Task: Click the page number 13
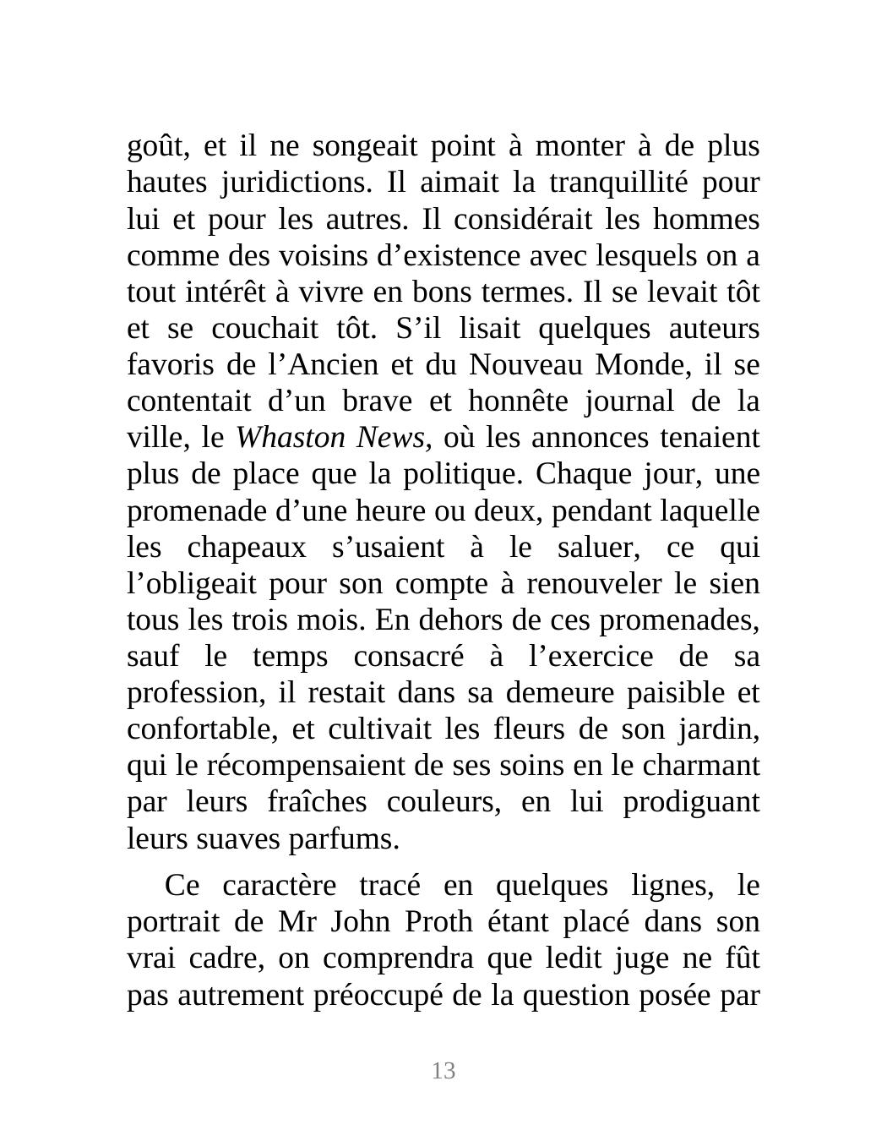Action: pyautogui.click(x=443, y=1071)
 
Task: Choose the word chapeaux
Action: pyautogui.click(x=246, y=548)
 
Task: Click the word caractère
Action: pyautogui.click(x=280, y=885)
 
